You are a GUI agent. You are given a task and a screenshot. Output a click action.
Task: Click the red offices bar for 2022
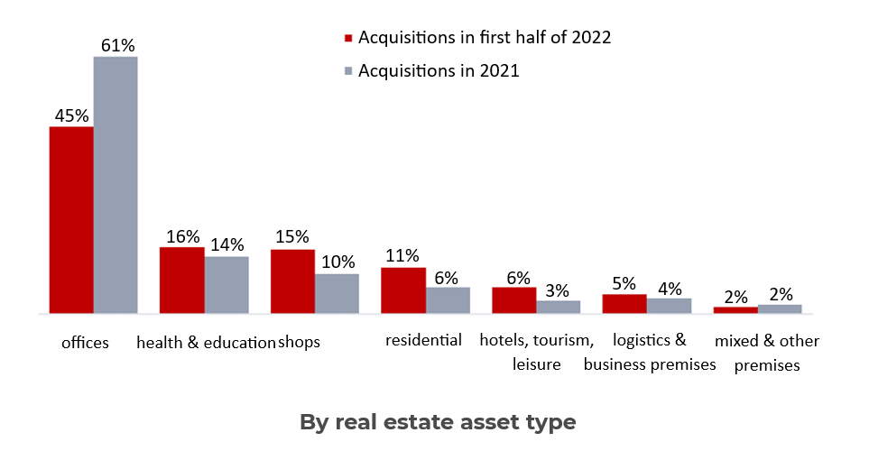tap(71, 220)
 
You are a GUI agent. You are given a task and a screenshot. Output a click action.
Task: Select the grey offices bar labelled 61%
tap(116, 185)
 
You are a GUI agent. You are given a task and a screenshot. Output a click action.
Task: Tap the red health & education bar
tap(181, 280)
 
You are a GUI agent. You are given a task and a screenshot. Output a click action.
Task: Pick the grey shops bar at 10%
tap(337, 293)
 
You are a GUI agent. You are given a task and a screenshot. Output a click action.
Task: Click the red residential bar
tap(402, 290)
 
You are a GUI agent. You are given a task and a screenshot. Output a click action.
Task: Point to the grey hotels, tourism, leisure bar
tap(558, 307)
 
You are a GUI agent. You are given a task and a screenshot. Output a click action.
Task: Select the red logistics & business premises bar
tap(624, 304)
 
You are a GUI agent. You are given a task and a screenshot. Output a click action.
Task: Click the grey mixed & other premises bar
tap(780, 308)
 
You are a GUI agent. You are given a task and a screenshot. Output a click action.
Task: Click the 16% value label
tap(182, 236)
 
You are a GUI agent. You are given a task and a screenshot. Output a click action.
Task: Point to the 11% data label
tap(402, 256)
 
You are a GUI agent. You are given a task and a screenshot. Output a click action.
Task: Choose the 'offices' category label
tap(85, 343)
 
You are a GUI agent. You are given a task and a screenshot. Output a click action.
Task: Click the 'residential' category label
tap(423, 340)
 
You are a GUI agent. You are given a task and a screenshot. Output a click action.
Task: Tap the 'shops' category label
tap(299, 343)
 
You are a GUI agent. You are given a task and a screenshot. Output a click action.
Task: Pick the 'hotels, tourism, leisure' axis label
tap(536, 352)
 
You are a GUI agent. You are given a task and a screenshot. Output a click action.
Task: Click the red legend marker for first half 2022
tap(347, 39)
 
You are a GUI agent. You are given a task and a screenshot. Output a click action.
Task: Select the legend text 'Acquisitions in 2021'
tap(439, 70)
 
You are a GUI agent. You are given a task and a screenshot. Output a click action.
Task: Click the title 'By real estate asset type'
tap(437, 421)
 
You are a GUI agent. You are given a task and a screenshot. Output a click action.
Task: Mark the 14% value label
tap(226, 244)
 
